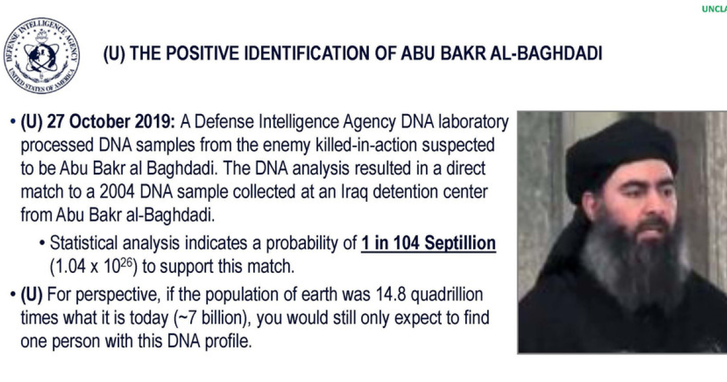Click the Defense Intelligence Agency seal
[x=41, y=56]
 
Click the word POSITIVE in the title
[x=201, y=53]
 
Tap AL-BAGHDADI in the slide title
[x=546, y=53]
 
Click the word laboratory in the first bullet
[x=473, y=122]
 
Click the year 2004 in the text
[x=117, y=192]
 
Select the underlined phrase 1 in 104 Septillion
[x=428, y=243]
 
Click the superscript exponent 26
[x=126, y=263]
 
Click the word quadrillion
[x=447, y=295]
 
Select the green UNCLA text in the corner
[x=714, y=9]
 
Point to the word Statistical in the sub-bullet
[x=84, y=243]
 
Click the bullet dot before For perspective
[x=13, y=295]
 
